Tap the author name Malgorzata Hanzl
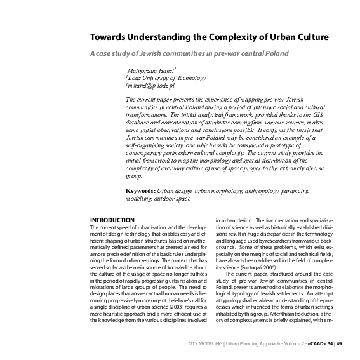point(152,69)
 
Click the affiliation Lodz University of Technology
point(166,77)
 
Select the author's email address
point(150,84)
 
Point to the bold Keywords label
point(142,190)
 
